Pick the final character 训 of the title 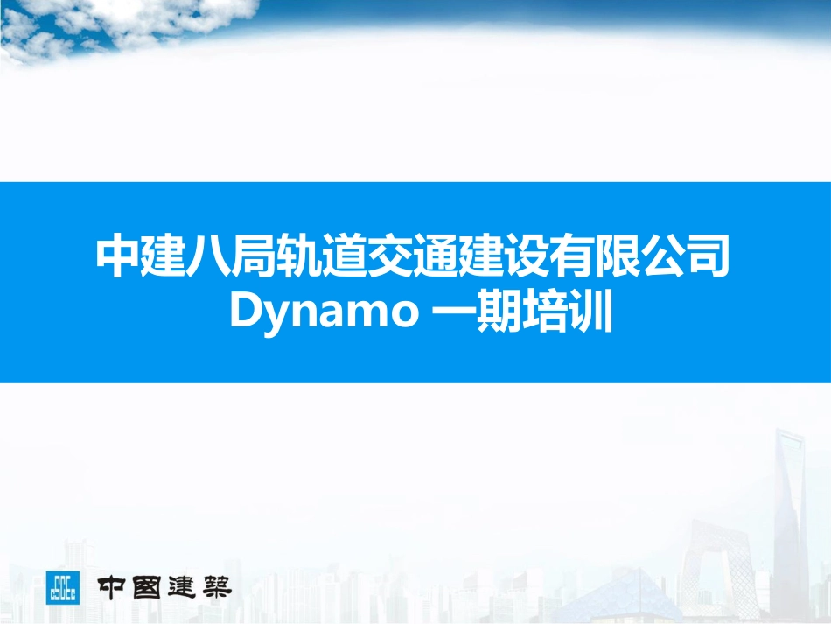point(589,312)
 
